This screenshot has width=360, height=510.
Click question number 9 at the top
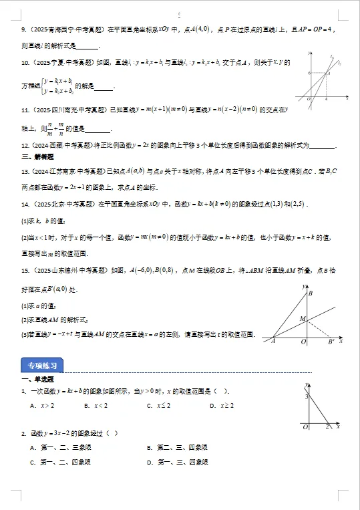click(23, 29)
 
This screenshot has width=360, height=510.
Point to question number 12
click(25, 145)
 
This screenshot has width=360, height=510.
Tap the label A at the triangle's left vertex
click(273, 342)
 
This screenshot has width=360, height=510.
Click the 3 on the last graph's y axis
click(307, 398)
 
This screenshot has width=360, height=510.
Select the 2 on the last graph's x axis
click(327, 426)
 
